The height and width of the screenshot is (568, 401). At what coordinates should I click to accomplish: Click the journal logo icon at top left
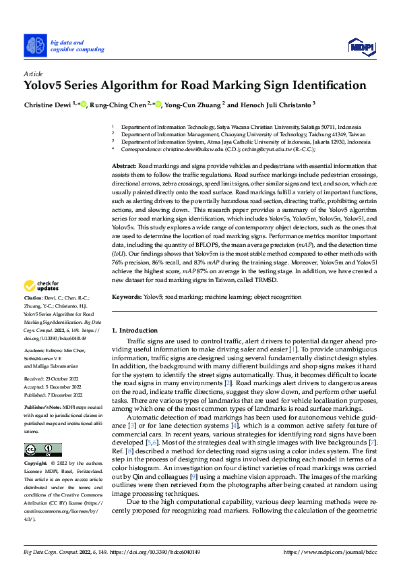[x=35, y=45]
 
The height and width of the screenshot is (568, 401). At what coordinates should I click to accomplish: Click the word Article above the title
[x=32, y=73]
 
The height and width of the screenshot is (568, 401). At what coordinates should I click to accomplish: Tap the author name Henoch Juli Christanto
[x=272, y=105]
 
